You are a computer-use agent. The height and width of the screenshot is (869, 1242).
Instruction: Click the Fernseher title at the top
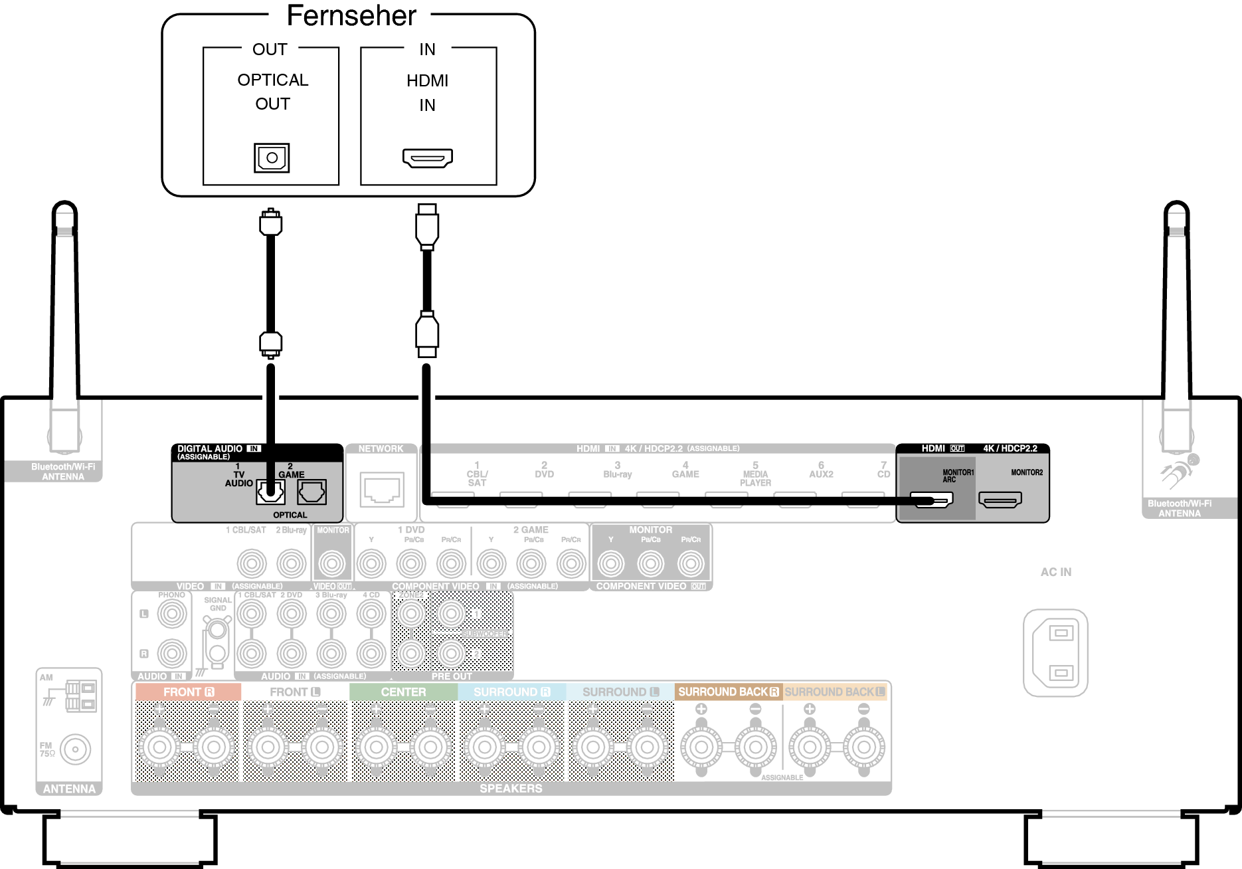coord(351,16)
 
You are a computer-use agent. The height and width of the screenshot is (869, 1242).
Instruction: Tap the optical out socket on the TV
coord(272,158)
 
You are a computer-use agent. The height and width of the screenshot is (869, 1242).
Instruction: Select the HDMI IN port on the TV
coord(427,158)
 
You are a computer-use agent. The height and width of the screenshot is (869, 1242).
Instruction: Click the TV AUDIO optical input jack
coord(270,492)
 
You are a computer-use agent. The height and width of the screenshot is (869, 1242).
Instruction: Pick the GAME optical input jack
coord(311,492)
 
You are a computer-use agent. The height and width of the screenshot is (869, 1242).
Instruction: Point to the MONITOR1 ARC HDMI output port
coord(931,499)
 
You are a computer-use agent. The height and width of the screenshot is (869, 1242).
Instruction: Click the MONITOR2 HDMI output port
coord(1000,500)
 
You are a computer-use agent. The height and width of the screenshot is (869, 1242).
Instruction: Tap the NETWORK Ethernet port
coord(382,490)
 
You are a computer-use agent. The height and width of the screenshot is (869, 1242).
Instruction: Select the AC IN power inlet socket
coord(1055,652)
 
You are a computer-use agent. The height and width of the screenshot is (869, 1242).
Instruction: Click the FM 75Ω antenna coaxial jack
coord(75,749)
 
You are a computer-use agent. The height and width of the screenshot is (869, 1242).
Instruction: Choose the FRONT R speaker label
coord(188,692)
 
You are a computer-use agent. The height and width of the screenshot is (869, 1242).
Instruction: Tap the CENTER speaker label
coord(403,692)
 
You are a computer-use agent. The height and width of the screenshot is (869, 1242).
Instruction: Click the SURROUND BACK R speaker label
coord(728,692)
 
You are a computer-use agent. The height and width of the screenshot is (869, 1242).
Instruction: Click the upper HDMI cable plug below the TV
coord(427,226)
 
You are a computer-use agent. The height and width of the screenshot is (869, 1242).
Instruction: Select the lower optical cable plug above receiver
coord(270,343)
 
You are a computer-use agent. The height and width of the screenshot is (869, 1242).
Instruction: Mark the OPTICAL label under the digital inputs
coord(290,515)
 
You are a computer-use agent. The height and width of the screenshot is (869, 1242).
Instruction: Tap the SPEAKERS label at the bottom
coord(511,789)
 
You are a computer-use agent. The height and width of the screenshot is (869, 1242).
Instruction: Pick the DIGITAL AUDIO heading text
coord(210,449)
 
